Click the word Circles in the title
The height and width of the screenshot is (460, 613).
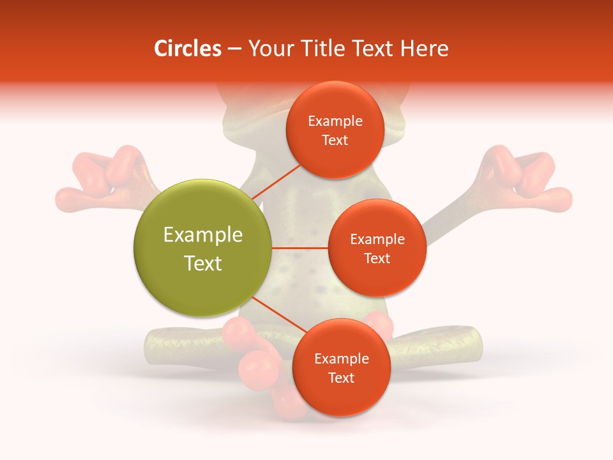188,49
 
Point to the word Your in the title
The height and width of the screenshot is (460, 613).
268,49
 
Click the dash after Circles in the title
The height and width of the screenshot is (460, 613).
234,49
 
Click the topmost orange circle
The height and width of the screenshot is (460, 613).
335,130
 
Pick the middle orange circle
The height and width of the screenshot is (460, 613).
377,248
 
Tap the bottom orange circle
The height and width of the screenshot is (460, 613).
341,367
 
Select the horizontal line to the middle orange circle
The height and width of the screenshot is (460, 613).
300,248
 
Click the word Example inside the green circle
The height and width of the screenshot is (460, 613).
203,235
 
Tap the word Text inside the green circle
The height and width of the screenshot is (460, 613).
203,263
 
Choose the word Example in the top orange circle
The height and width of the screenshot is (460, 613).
335,121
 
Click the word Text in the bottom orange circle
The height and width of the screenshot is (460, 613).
341,378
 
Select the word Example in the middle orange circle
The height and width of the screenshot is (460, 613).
377,240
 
